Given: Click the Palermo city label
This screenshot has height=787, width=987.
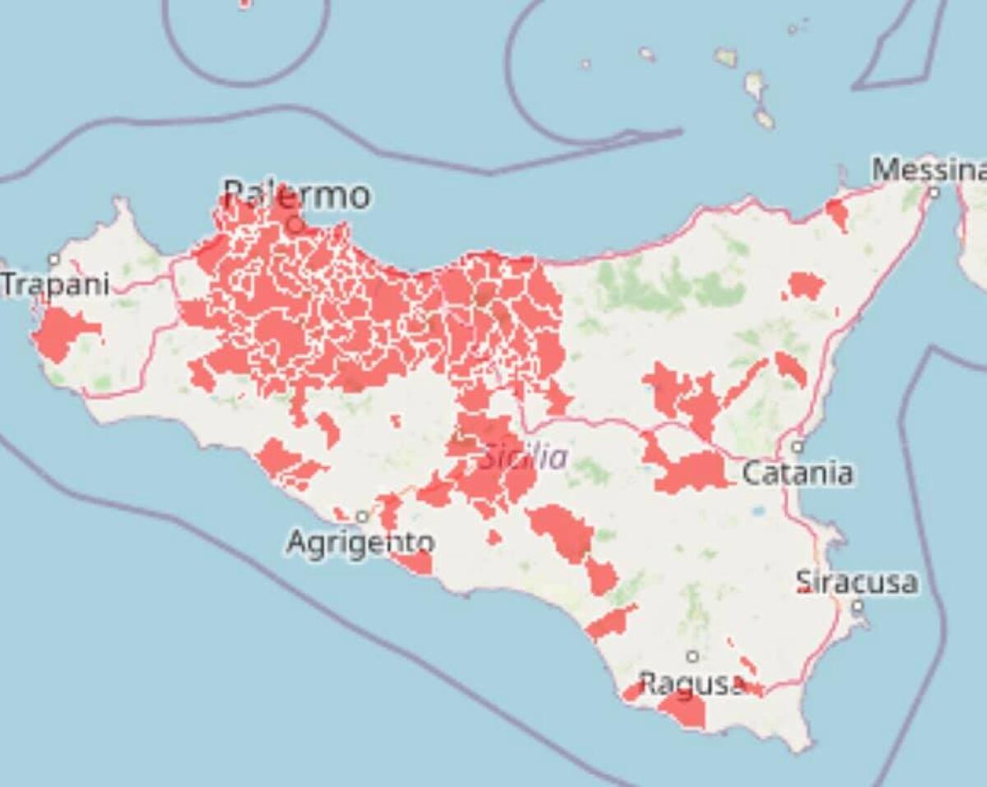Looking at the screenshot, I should [297, 196].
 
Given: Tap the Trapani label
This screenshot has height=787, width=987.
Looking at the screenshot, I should [55, 285].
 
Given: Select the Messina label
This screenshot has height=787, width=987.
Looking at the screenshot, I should [928, 170].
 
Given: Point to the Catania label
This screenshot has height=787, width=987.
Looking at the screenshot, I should [797, 473].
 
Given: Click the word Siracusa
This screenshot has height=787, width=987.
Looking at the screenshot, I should [857, 582].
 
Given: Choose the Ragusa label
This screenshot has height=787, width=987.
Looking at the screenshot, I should [692, 683].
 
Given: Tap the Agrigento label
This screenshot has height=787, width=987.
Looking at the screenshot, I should [360, 543].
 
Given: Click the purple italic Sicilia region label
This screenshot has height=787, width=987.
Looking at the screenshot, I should [523, 457].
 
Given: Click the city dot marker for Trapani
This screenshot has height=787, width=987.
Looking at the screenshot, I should [54, 260].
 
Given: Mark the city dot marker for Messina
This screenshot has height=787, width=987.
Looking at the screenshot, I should [934, 192].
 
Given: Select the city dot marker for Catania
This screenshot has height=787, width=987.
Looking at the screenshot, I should [797, 447].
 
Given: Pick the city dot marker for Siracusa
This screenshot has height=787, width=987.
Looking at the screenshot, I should [858, 606].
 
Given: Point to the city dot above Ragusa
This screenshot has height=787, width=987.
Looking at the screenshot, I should [693, 656].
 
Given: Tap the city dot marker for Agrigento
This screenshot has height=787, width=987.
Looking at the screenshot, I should [362, 516].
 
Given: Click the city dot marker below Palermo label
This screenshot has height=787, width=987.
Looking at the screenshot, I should [296, 223].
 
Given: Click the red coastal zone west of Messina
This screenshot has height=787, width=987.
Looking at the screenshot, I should [837, 213].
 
